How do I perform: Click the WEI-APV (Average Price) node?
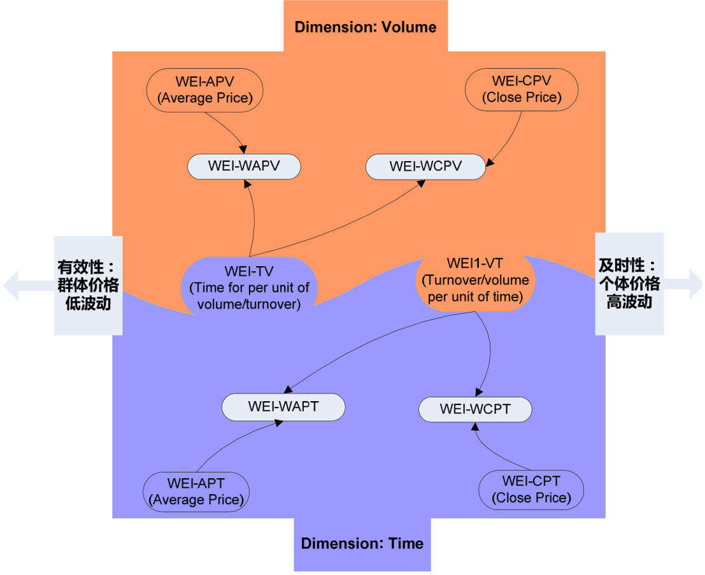pyautogui.click(x=204, y=90)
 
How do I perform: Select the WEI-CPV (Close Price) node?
pyautogui.click(x=522, y=90)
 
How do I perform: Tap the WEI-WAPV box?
pyautogui.click(x=244, y=167)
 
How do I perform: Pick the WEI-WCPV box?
pyautogui.click(x=425, y=167)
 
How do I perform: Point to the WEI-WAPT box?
pyautogui.click(x=283, y=407)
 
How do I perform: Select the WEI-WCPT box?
pyautogui.click(x=474, y=409)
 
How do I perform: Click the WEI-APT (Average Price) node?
pyautogui.click(x=196, y=491)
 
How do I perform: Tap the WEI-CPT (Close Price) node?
pyautogui.click(x=531, y=490)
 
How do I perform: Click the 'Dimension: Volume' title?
pyautogui.click(x=365, y=27)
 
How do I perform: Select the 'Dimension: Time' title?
pyautogui.click(x=362, y=544)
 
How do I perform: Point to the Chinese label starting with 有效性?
pyautogui.click(x=88, y=284)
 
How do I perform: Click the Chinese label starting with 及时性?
pyautogui.click(x=629, y=283)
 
